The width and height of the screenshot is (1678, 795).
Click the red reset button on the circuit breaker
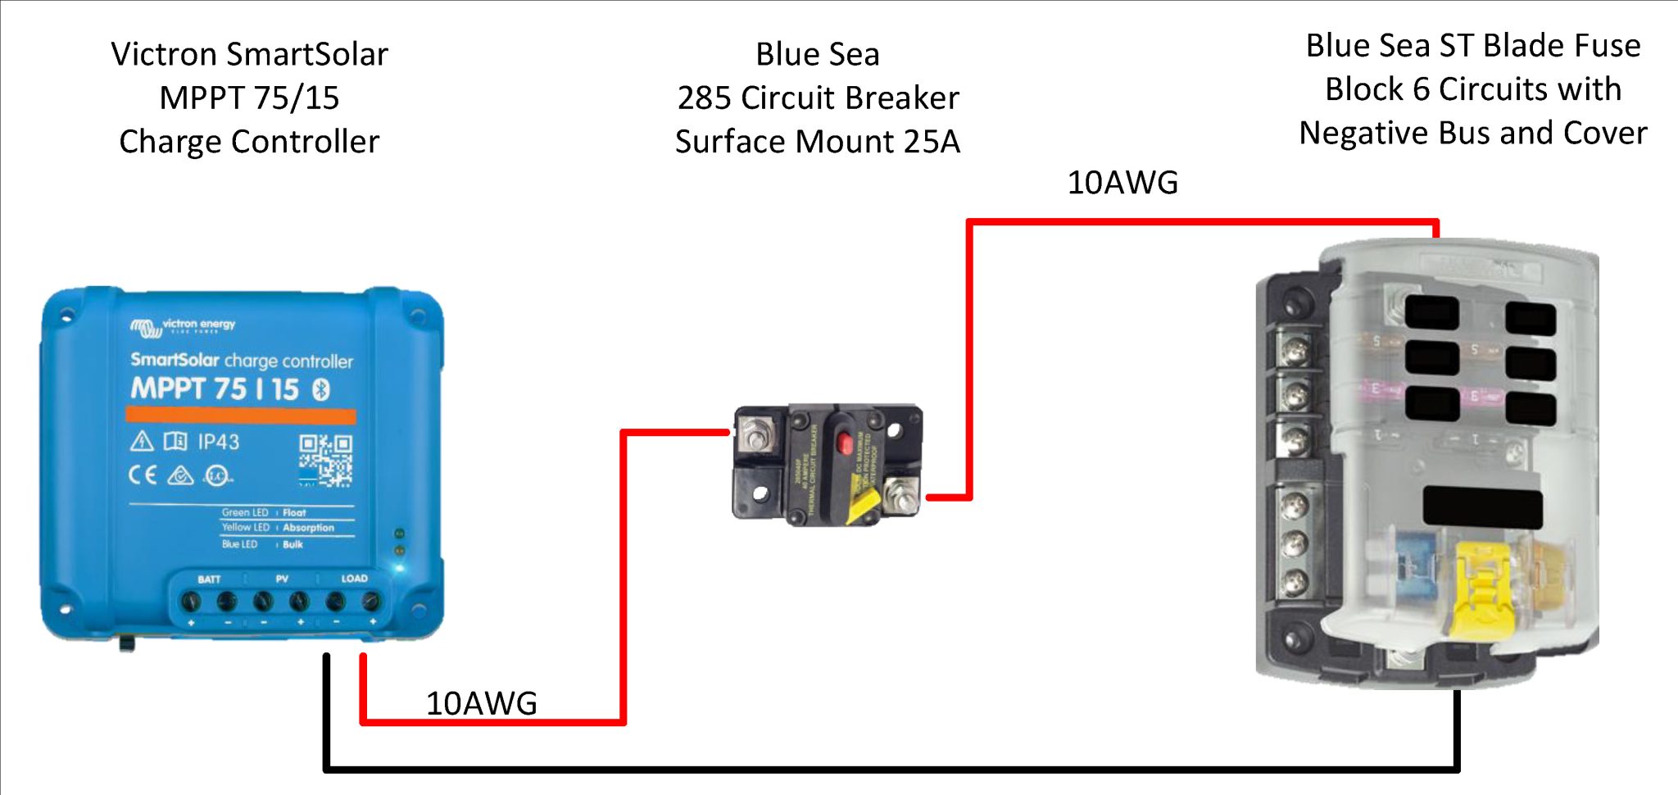(x=843, y=443)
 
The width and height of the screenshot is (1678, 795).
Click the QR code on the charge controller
(x=325, y=460)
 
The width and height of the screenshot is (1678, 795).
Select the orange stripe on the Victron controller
(x=241, y=416)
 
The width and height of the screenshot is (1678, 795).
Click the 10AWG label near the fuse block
(x=1122, y=183)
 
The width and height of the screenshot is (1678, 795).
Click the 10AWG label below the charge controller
(x=481, y=703)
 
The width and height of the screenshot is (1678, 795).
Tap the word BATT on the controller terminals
(x=209, y=579)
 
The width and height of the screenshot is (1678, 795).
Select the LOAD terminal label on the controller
(x=354, y=579)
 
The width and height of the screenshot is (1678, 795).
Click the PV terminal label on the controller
(x=282, y=579)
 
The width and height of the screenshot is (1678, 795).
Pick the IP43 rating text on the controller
(x=218, y=443)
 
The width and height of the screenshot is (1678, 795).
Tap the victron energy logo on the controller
(x=183, y=326)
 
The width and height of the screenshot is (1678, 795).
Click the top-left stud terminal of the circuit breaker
(x=753, y=432)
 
